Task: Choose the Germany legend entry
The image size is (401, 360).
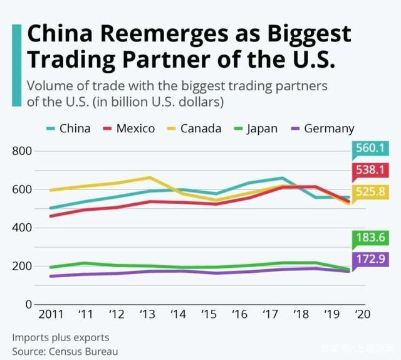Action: click(321, 129)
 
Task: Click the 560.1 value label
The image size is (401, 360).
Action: click(370, 148)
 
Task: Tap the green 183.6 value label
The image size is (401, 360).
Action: click(370, 237)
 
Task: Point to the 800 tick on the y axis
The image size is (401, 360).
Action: click(21, 151)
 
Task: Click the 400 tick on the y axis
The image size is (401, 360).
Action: click(21, 228)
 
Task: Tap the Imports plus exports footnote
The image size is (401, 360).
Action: click(60, 337)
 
